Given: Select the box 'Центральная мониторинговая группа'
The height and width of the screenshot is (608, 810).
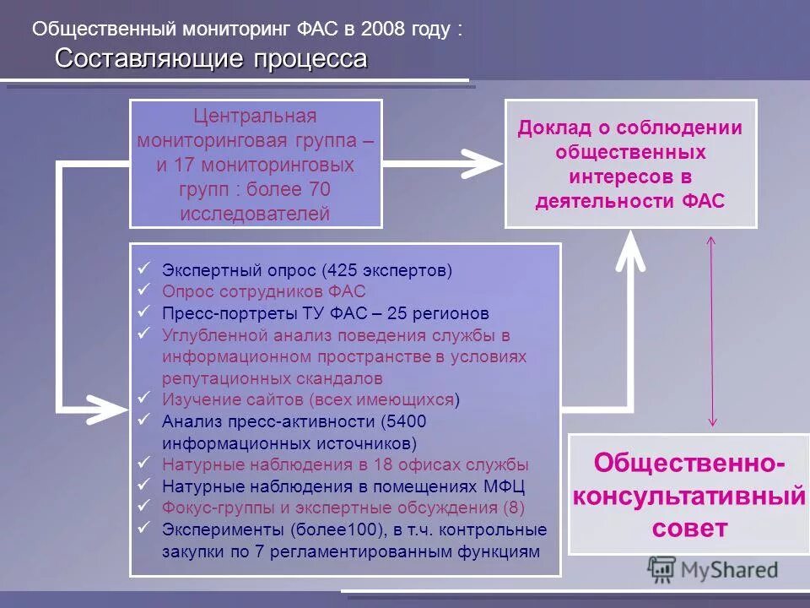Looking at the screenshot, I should coord(256,164).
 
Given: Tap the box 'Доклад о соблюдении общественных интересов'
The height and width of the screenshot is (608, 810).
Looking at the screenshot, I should coord(630,164).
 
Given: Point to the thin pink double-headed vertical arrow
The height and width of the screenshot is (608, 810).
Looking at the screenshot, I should coord(711,330).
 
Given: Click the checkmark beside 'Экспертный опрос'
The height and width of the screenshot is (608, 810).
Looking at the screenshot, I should coord(144,269).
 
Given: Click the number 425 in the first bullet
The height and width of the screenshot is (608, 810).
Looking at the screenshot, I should coord(340,271).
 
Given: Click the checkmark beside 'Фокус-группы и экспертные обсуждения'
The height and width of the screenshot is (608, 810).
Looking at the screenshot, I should coord(144,505).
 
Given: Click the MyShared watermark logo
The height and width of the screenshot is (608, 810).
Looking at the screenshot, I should coord(713,568).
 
